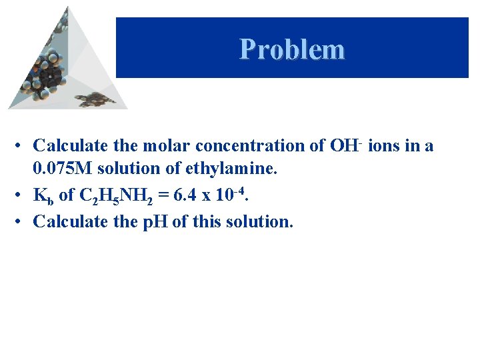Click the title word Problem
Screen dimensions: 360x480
click(x=292, y=49)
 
